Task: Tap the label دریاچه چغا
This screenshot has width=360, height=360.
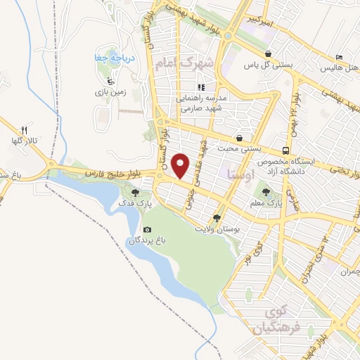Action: (x=113, y=58)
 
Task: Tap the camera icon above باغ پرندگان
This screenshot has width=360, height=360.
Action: (x=147, y=229)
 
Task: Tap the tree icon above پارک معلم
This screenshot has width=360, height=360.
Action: (x=266, y=190)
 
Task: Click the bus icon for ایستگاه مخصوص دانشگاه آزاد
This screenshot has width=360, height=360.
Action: (x=285, y=150)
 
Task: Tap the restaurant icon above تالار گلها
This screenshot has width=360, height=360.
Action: (x=24, y=130)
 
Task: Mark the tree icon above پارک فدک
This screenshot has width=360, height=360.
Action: (x=135, y=192)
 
